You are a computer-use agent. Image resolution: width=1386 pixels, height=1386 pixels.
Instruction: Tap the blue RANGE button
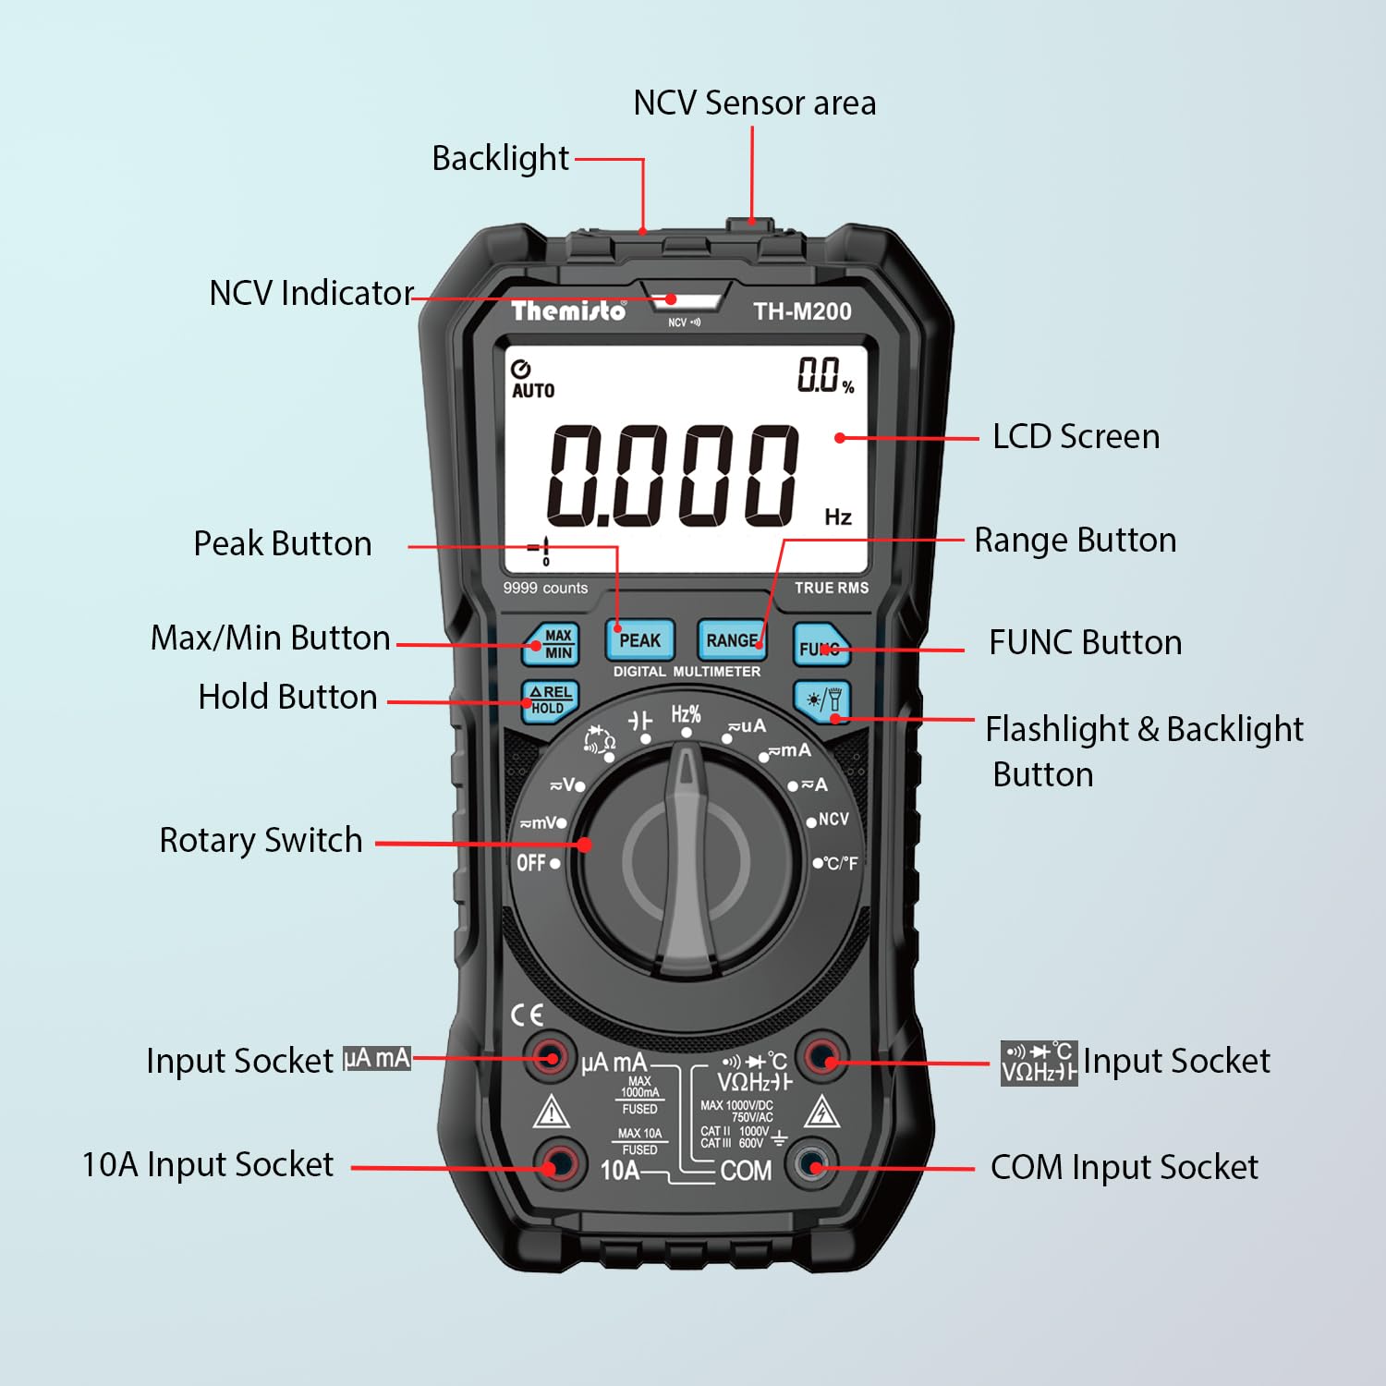click(732, 640)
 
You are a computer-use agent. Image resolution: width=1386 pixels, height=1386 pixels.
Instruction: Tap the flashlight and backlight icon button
click(822, 700)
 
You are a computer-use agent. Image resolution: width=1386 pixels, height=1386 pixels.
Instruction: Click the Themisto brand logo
click(568, 310)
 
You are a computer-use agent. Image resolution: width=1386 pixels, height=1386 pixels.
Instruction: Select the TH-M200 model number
click(802, 311)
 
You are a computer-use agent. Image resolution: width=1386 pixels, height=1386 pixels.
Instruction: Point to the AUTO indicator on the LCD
click(533, 390)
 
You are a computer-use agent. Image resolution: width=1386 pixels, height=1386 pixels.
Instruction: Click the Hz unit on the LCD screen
click(838, 517)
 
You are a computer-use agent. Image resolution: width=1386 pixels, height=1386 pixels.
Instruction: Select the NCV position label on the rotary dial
click(833, 820)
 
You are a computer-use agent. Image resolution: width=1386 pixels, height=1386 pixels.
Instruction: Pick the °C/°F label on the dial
click(840, 863)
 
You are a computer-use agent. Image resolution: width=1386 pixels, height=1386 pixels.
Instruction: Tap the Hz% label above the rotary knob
click(686, 714)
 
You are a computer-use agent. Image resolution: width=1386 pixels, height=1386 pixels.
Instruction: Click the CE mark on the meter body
click(527, 1015)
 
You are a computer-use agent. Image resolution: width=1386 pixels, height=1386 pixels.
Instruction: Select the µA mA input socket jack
click(551, 1057)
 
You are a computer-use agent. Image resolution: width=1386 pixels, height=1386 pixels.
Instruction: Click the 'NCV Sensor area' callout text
click(754, 103)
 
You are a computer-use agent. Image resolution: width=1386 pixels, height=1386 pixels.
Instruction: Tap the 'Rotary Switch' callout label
click(261, 840)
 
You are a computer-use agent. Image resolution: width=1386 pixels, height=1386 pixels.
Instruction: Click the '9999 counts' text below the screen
click(545, 588)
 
